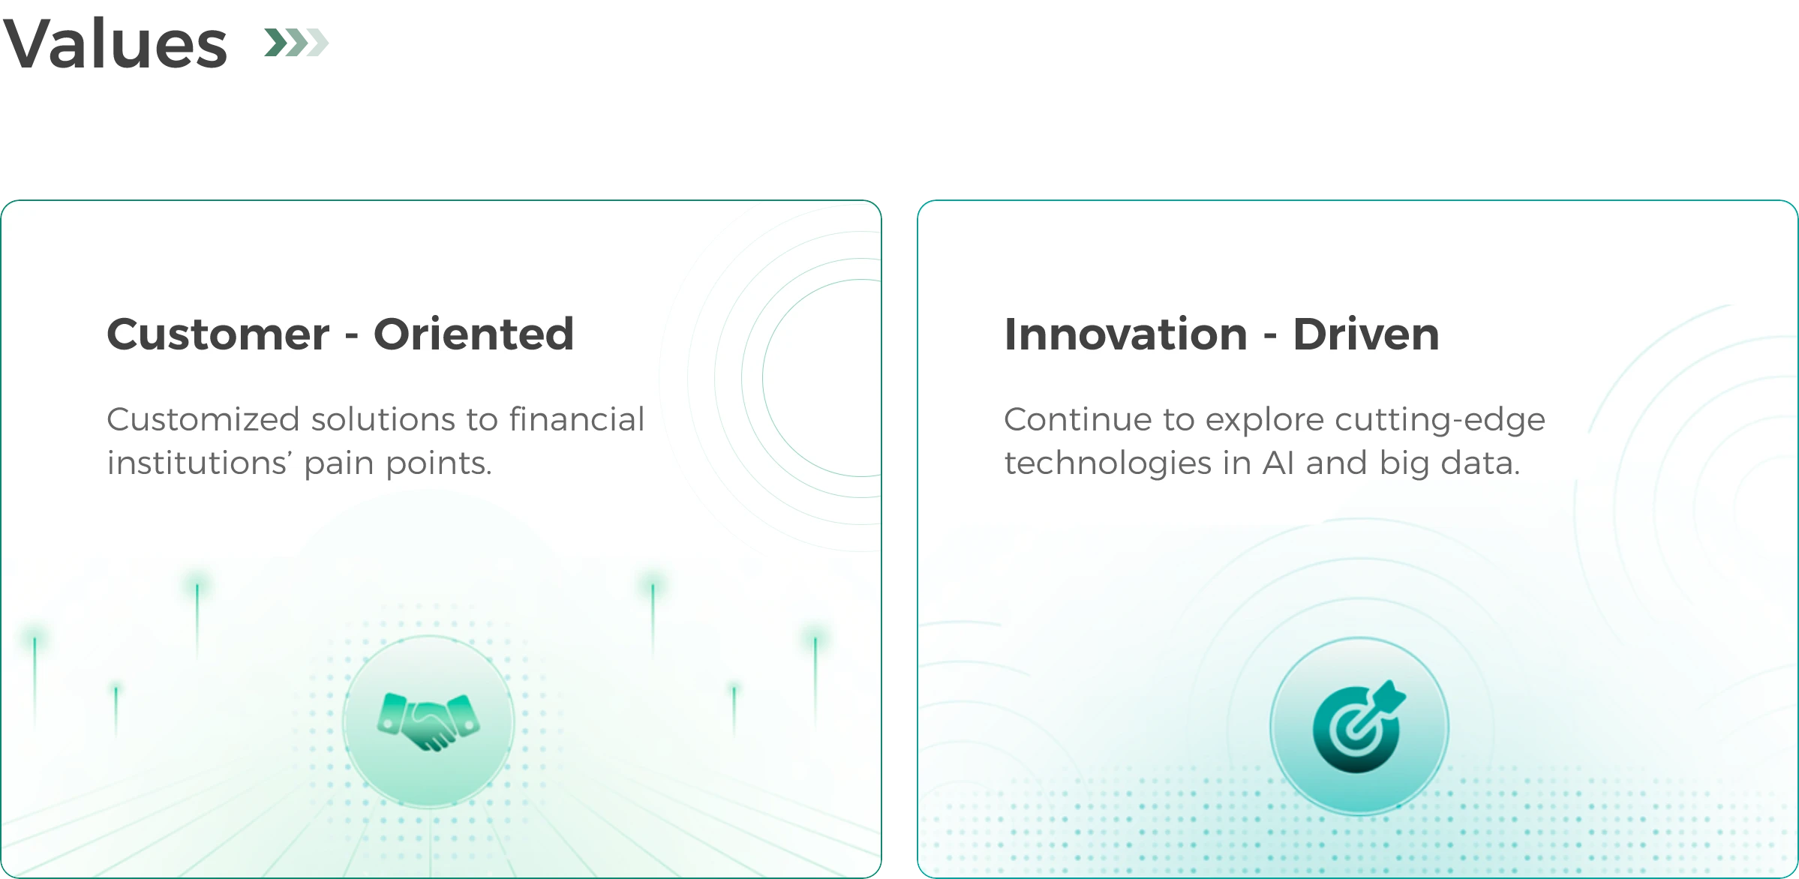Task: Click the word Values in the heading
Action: (115, 43)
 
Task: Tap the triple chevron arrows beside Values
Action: (296, 42)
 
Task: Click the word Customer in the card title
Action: (218, 334)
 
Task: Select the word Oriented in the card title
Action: (474, 334)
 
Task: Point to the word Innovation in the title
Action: (1126, 334)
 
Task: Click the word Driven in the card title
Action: (1366, 334)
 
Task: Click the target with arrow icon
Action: (1359, 727)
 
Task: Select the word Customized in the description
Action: (203, 419)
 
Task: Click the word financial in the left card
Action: (577, 419)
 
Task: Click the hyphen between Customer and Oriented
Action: (352, 337)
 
